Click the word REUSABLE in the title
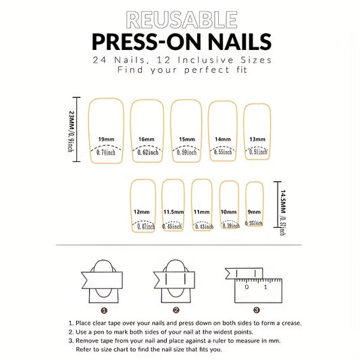(x=180, y=19)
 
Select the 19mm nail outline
(x=106, y=128)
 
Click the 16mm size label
(x=146, y=138)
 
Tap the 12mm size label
(x=142, y=212)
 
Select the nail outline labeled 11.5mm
(x=173, y=205)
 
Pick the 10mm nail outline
(x=228, y=205)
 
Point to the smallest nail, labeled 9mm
(x=254, y=205)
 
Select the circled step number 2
(x=176, y=310)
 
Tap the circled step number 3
(x=256, y=310)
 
